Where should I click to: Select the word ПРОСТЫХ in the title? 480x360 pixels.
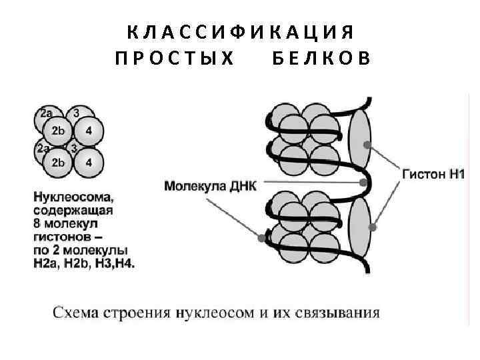coord(175,59)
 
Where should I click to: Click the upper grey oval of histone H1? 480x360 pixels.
coord(360,137)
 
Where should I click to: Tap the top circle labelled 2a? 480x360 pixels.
coord(46,115)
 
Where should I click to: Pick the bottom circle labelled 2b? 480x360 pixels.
coord(59,163)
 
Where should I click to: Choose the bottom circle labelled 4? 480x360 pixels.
coord(89,163)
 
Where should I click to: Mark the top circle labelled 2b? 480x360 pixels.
coord(59,131)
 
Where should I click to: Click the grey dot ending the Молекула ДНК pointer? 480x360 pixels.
coord(363,182)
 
